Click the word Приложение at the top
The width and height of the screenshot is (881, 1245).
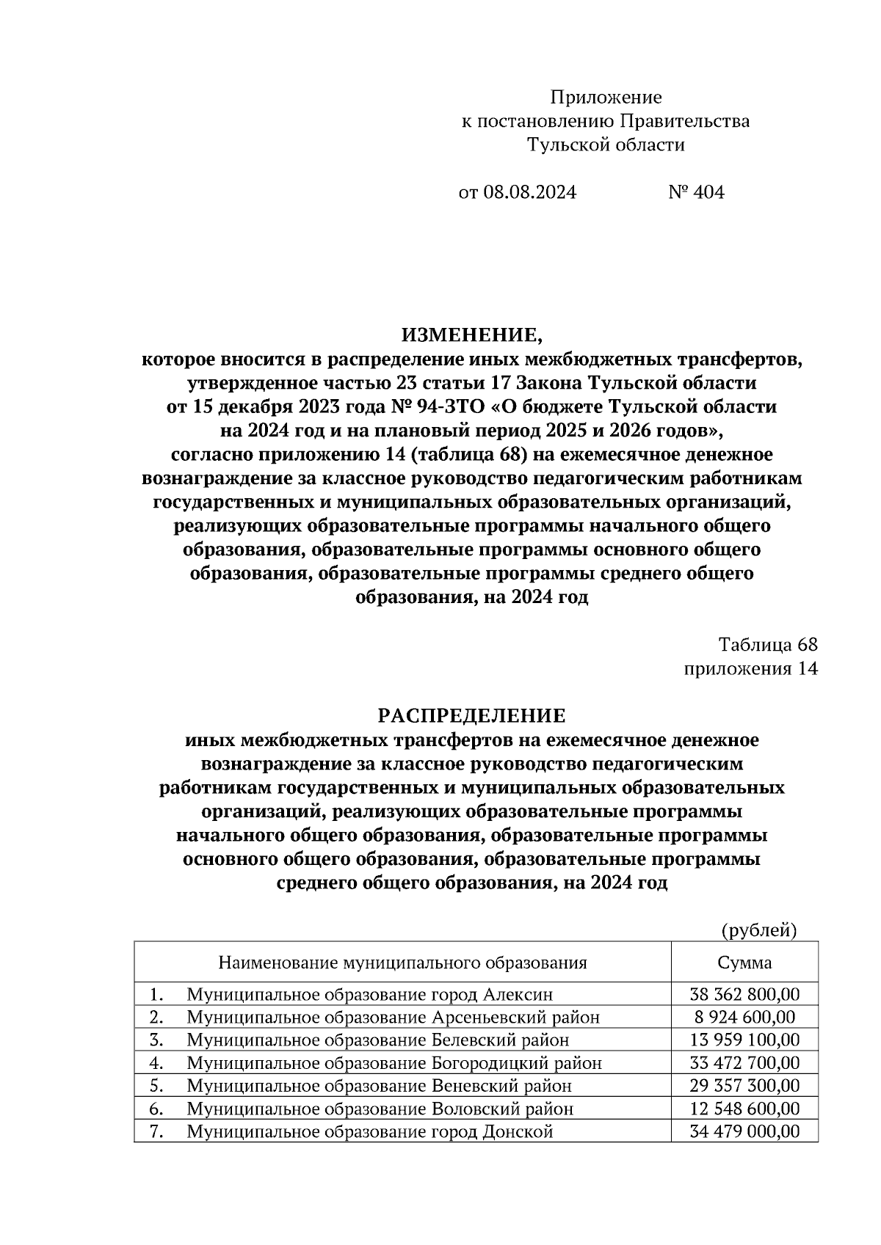point(606,98)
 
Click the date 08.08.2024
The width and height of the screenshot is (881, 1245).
point(529,193)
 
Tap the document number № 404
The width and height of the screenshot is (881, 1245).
point(696,193)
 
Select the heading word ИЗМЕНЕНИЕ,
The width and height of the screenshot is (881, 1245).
point(471,336)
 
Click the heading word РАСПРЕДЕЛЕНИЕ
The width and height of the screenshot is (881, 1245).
point(471,716)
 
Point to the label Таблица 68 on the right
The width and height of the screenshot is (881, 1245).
point(767,645)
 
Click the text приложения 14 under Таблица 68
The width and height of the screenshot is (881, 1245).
point(750,668)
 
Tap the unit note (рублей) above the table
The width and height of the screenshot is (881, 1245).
point(758,930)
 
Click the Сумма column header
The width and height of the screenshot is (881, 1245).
point(744,963)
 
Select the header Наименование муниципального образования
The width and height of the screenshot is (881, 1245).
point(402,963)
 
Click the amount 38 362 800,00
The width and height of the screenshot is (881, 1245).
point(744,995)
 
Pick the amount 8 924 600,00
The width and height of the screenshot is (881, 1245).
point(744,1018)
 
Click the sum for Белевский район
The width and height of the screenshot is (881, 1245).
point(744,1040)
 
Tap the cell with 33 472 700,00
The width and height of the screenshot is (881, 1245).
point(744,1063)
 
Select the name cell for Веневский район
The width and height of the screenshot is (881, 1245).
point(379,1086)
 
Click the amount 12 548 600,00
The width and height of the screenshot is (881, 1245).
point(744,1109)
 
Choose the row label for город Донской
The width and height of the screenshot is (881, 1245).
point(369,1131)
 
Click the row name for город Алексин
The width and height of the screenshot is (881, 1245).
point(369,995)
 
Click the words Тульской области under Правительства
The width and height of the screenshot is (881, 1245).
point(606,145)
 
